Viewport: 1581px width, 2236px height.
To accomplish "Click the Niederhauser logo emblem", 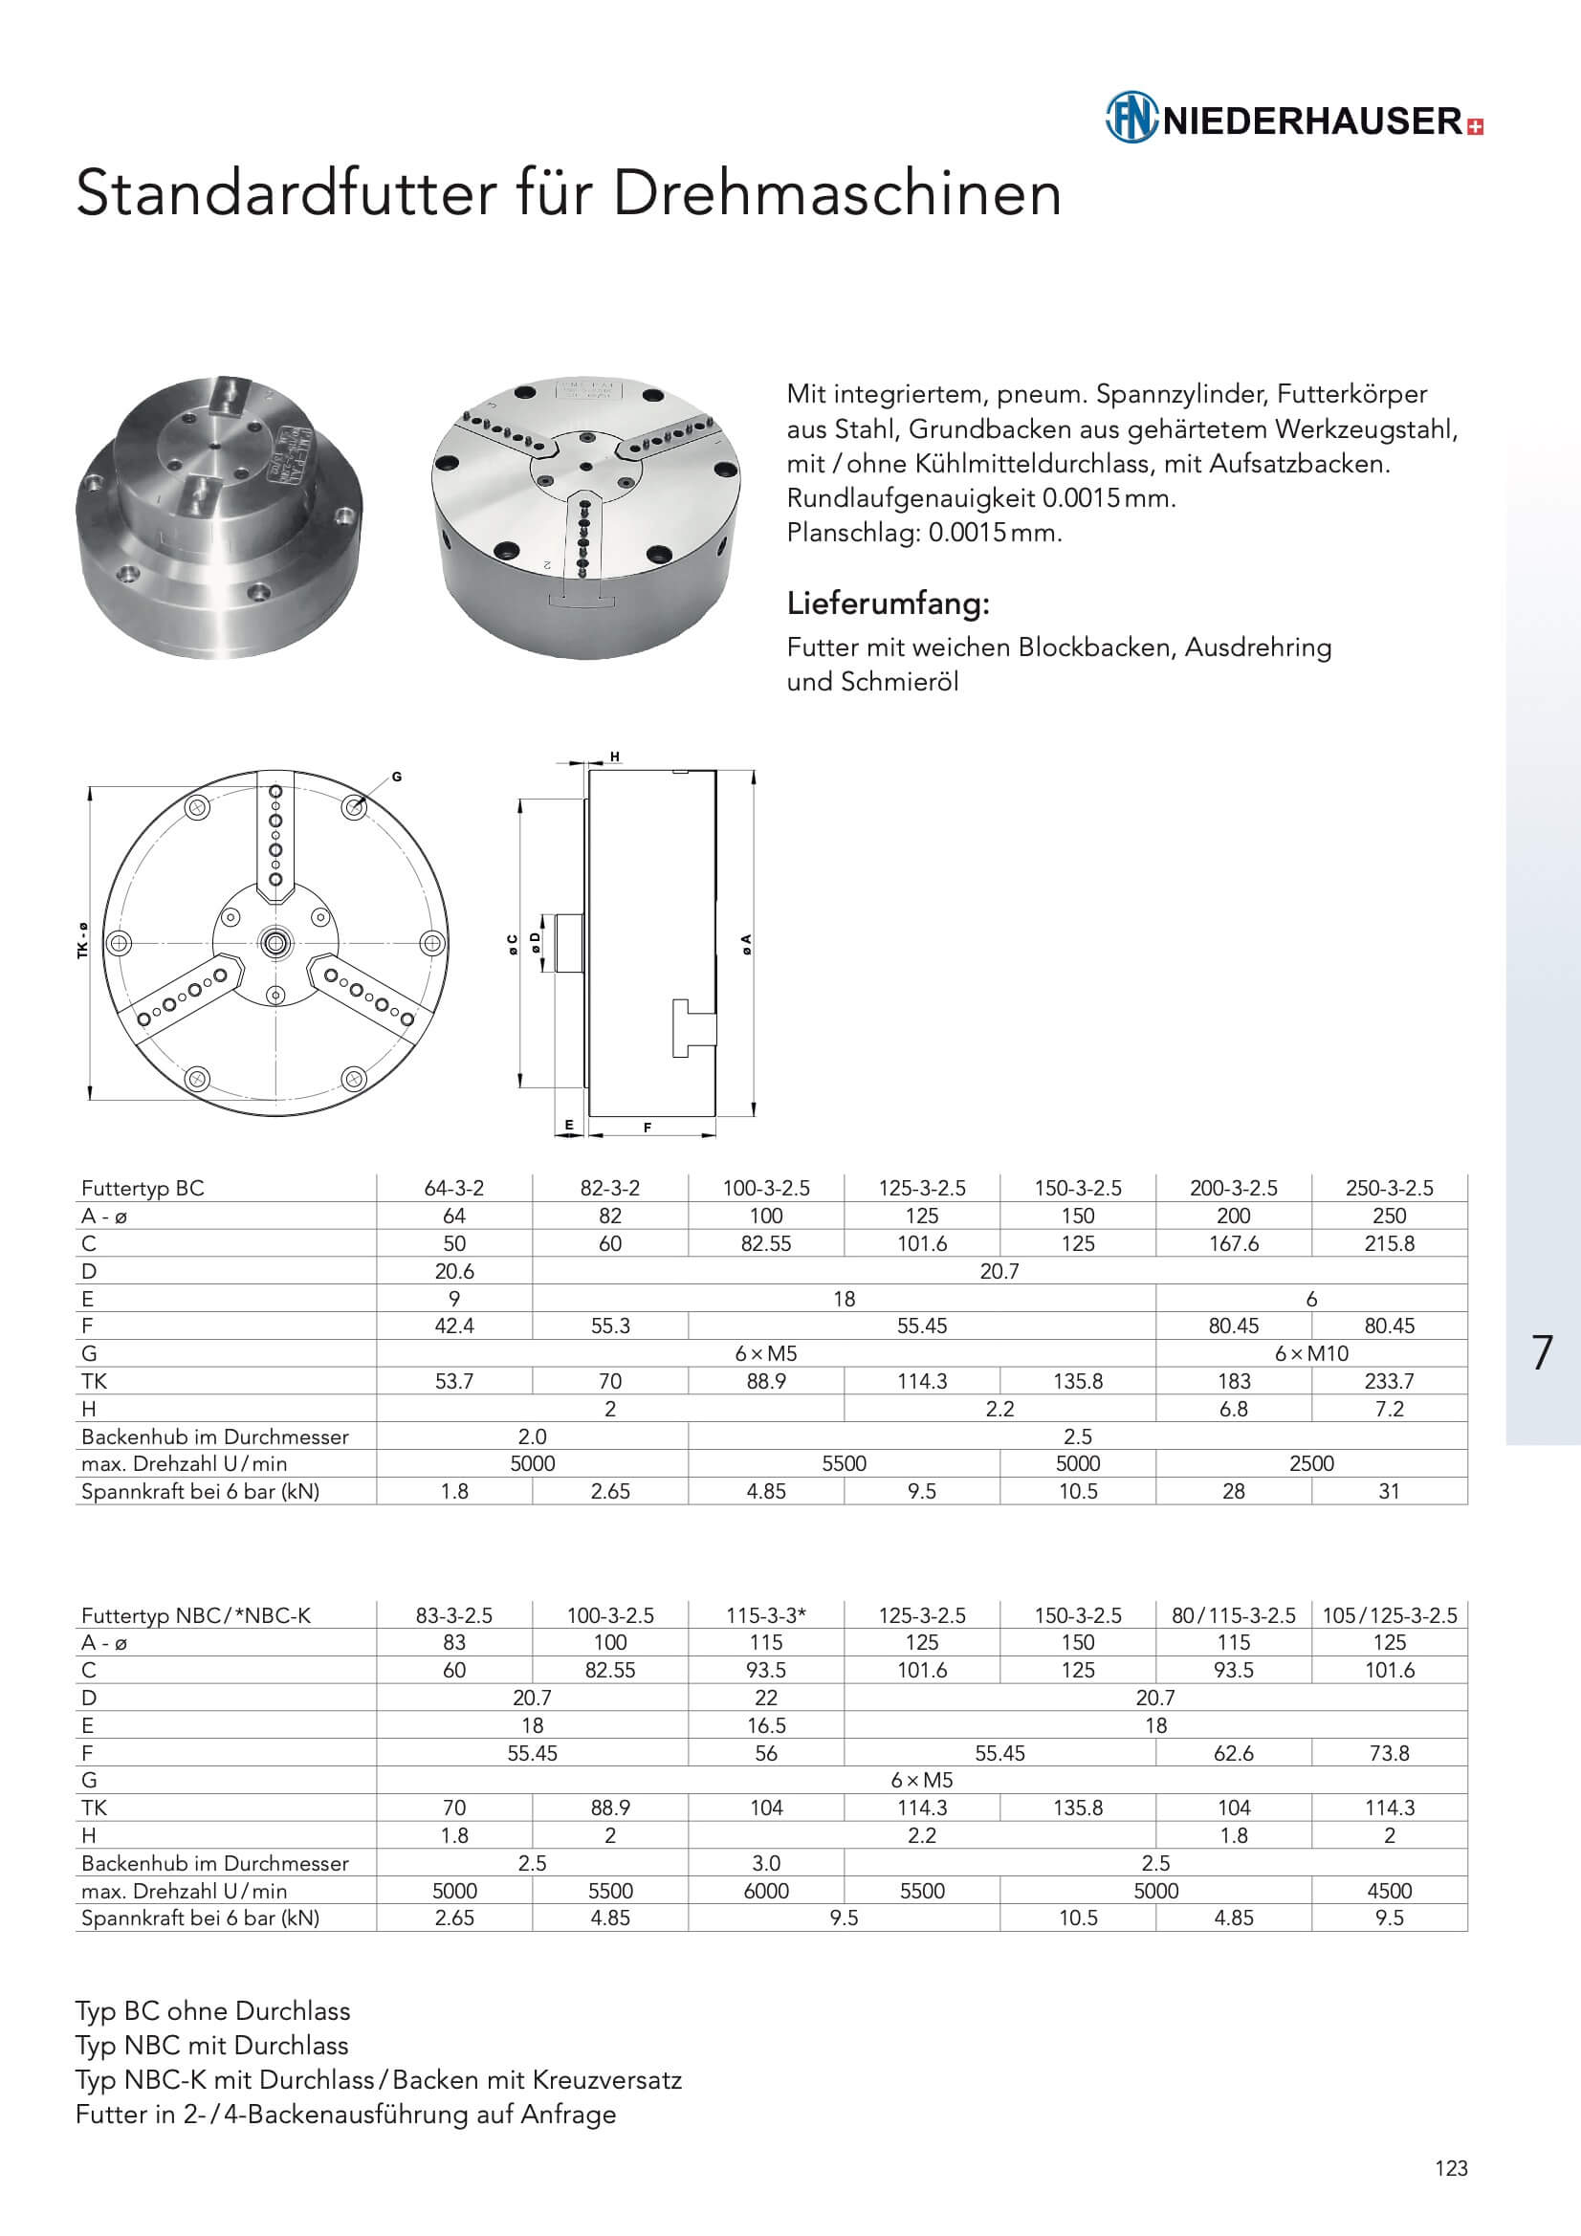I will tap(1131, 118).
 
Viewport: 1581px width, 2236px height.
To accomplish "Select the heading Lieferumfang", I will tap(888, 603).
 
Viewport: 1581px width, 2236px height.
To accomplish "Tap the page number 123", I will tap(1451, 2168).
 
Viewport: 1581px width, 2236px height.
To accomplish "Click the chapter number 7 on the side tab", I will tap(1541, 1352).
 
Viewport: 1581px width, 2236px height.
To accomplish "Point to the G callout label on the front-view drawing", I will tap(397, 778).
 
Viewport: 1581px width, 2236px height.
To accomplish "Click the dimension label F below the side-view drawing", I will tap(647, 1128).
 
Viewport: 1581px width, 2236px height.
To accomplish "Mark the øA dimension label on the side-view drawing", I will tap(746, 943).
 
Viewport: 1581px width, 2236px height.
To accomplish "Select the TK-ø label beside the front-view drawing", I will tap(83, 941).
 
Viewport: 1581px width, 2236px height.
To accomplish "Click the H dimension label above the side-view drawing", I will tap(615, 756).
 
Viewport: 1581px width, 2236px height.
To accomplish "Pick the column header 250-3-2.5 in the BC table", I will tap(1389, 1188).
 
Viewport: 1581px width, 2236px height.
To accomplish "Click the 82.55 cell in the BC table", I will tap(766, 1243).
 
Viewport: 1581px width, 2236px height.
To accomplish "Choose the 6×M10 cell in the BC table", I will tap(1311, 1352).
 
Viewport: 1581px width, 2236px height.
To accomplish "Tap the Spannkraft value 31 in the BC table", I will tap(1389, 1491).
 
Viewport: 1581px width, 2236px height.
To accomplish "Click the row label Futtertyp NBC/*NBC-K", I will tap(196, 1615).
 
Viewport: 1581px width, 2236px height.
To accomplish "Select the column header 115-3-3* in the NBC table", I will tap(766, 1615).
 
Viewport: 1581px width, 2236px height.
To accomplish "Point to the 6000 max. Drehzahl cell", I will tap(766, 1892).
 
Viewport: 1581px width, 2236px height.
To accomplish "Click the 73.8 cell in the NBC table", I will tap(1389, 1753).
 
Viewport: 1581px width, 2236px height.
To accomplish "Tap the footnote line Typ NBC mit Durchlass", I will tap(211, 2045).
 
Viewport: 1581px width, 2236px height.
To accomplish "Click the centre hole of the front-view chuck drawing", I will tap(275, 942).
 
